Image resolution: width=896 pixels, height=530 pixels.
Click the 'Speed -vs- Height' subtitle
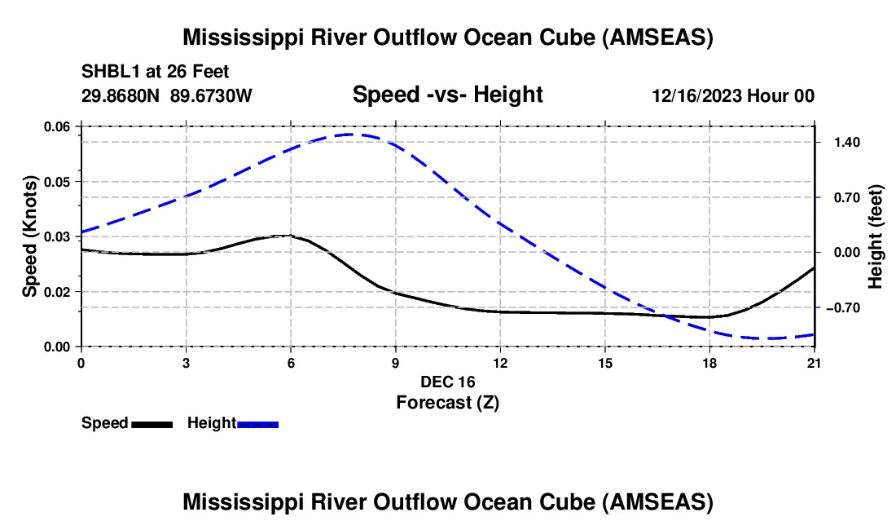click(x=447, y=95)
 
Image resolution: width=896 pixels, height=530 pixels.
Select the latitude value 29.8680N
click(x=121, y=96)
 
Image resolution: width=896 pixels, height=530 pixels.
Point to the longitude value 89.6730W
click(x=211, y=96)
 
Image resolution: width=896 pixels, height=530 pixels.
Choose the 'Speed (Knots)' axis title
click(x=30, y=236)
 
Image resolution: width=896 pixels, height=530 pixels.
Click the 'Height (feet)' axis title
click(x=876, y=236)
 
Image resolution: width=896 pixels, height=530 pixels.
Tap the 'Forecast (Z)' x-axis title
click(x=447, y=402)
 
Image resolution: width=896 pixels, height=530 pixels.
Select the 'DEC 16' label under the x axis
click(x=447, y=382)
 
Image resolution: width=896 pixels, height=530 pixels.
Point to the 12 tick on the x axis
click(x=499, y=362)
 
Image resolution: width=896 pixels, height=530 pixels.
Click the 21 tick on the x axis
click(x=815, y=362)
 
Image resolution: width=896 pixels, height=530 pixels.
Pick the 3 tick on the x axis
click(x=186, y=362)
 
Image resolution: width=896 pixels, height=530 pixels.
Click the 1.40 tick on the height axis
click(x=841, y=142)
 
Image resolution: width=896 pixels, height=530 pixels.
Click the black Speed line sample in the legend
click(x=152, y=424)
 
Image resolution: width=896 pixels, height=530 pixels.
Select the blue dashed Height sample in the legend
click(x=257, y=424)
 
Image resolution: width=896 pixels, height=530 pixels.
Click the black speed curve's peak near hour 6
click(x=287, y=236)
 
